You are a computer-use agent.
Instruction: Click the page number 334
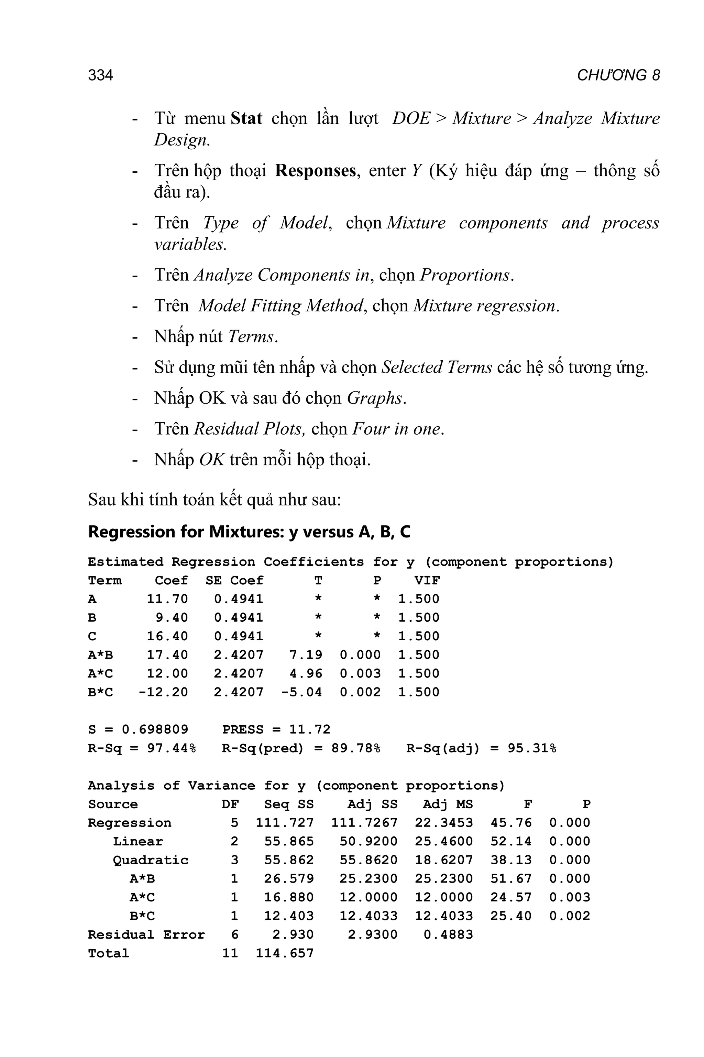101,75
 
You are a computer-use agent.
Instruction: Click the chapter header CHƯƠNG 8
618,75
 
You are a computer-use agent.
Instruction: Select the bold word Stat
246,119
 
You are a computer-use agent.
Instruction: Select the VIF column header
427,581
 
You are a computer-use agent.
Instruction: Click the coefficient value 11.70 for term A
167,599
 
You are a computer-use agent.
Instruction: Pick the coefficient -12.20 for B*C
163,692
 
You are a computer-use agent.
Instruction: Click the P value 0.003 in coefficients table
360,674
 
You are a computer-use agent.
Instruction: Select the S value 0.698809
155,729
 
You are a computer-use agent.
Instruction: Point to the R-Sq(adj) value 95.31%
532,748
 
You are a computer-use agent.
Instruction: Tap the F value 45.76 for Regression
511,823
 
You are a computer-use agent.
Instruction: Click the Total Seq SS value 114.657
285,953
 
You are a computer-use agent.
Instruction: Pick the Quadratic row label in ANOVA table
151,860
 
